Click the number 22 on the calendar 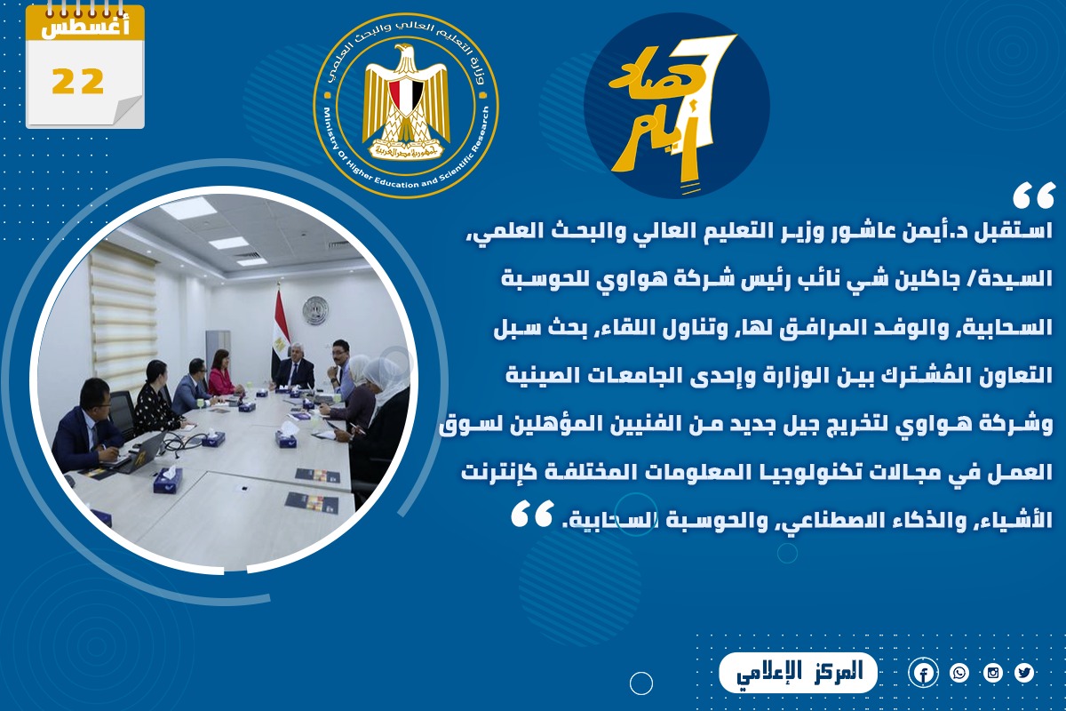click(x=77, y=81)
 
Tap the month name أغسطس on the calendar click(x=84, y=28)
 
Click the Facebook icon click(x=923, y=673)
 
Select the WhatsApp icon click(x=959, y=673)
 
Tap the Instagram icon click(x=993, y=673)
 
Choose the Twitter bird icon click(x=1024, y=673)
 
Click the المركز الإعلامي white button click(x=798, y=673)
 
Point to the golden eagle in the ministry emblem click(x=406, y=101)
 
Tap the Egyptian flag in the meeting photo click(x=281, y=329)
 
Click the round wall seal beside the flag click(x=315, y=309)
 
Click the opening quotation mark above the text click(x=1033, y=196)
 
